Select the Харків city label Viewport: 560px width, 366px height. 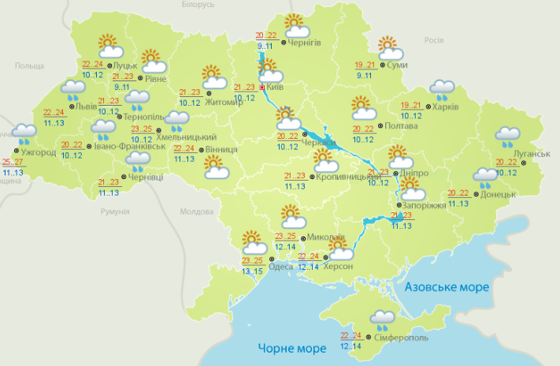[444, 106]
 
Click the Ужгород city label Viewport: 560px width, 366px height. [37, 151]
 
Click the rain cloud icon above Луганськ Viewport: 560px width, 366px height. [508, 136]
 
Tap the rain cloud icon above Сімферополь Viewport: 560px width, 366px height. [384, 319]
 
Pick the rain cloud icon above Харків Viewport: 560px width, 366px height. [440, 89]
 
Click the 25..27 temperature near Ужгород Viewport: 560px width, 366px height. [13, 162]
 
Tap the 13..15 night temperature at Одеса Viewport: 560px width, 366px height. [254, 271]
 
